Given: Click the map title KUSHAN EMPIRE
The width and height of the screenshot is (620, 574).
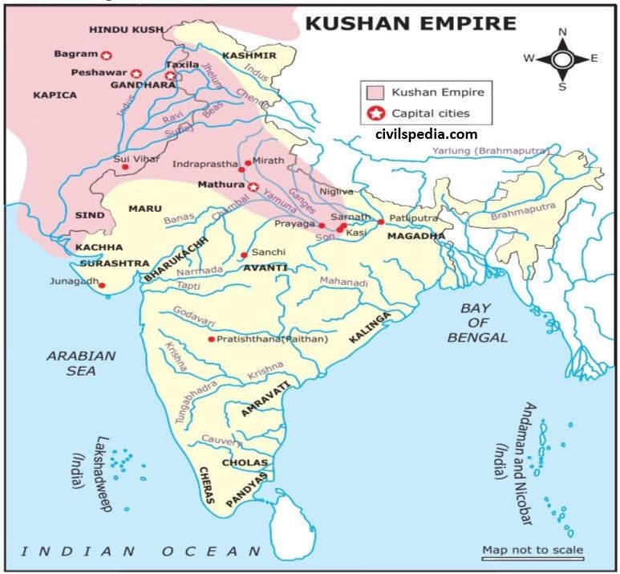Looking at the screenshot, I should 410,22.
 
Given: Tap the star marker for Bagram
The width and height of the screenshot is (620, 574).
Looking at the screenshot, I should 106,55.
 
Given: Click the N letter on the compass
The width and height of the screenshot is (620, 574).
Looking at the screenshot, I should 562,32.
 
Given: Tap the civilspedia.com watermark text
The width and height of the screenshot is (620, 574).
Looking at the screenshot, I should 426,134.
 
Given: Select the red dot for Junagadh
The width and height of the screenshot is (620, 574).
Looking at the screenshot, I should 102,286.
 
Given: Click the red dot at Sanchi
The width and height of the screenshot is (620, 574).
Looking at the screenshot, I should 244,255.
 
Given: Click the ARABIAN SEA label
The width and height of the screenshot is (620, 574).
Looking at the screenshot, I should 81,363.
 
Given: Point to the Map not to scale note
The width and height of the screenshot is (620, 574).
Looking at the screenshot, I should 533,550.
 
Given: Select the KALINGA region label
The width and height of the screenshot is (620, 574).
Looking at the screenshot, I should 370,328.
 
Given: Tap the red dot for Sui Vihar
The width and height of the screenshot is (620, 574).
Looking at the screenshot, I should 125,167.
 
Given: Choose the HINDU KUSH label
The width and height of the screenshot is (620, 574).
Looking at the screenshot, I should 126,29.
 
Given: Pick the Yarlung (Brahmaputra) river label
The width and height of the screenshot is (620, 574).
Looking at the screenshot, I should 491,151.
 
